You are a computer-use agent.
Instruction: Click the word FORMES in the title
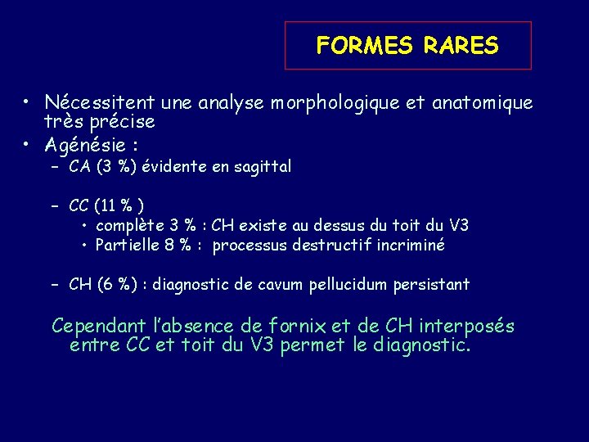(366, 46)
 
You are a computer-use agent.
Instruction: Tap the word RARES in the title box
(461, 46)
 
